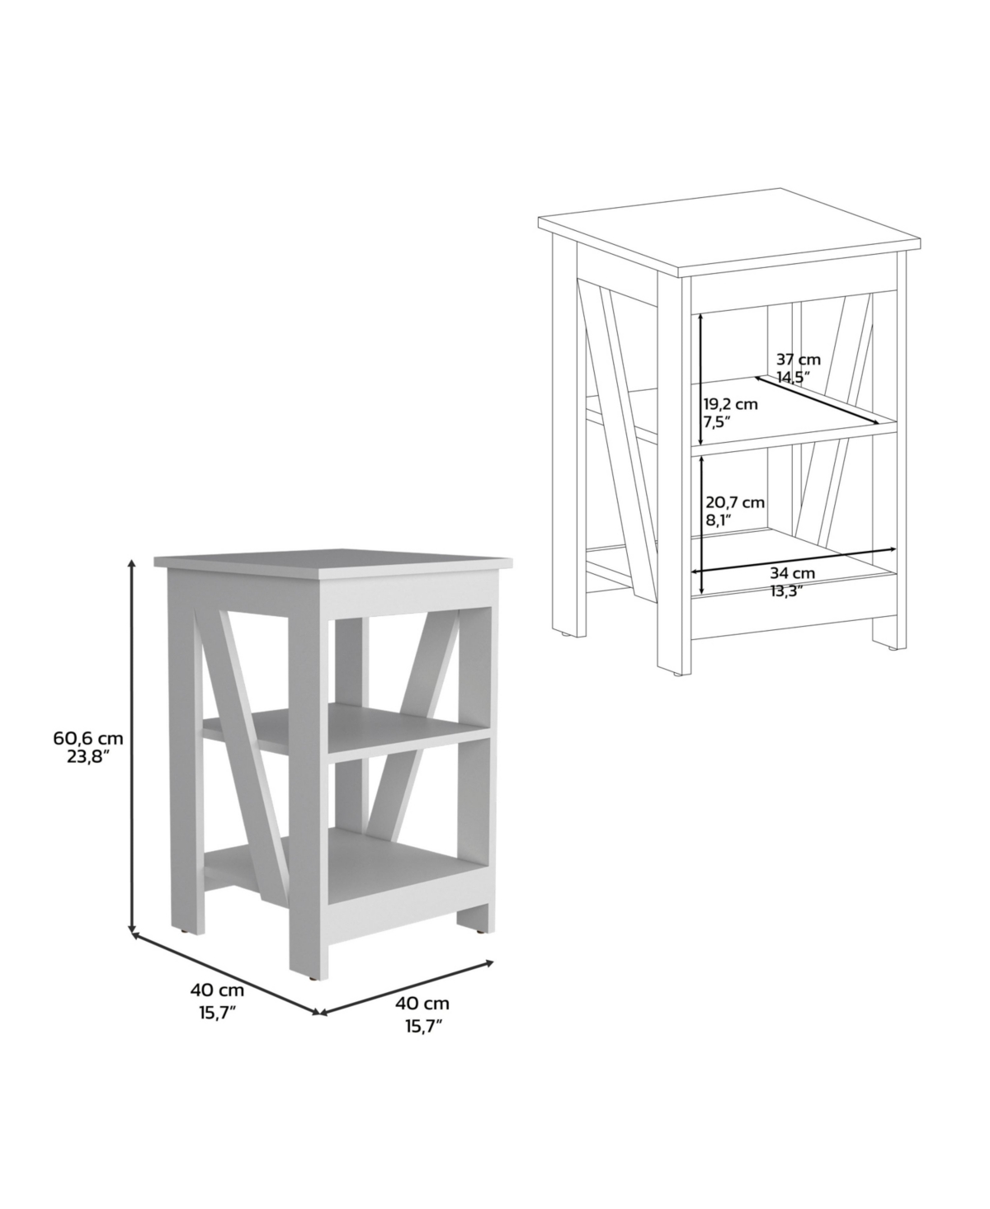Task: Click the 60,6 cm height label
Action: point(88,739)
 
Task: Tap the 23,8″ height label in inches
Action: point(88,758)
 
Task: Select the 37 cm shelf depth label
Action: point(799,360)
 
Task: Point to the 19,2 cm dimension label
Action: point(731,404)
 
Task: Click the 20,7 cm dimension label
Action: point(735,503)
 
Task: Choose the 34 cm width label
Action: point(792,572)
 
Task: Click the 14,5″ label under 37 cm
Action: point(794,377)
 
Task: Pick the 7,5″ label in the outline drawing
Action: point(717,422)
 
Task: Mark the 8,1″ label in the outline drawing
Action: point(720,520)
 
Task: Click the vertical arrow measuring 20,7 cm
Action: point(702,525)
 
